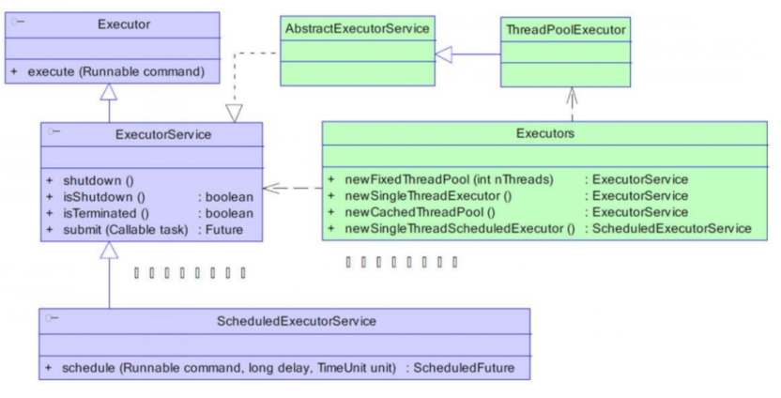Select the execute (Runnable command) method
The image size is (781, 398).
(117, 70)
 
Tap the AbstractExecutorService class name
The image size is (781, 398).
(357, 29)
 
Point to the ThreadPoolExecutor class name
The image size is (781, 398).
(565, 30)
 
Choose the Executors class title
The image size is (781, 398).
(545, 134)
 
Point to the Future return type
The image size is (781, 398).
(226, 229)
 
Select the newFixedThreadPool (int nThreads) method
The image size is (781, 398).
(450, 179)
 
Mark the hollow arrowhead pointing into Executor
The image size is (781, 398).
(110, 92)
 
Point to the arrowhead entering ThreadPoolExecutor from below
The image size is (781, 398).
(570, 95)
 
